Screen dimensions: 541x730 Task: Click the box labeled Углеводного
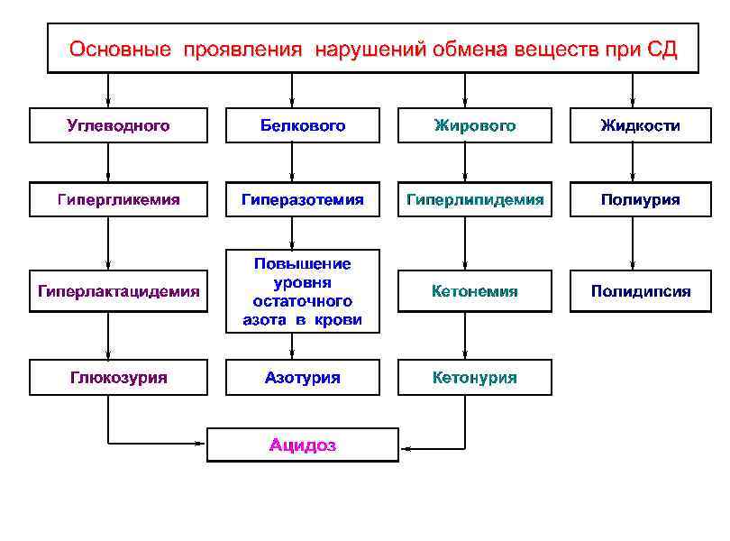click(x=118, y=126)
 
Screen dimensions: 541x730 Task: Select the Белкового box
click(x=303, y=126)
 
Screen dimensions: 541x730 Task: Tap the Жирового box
click(x=475, y=126)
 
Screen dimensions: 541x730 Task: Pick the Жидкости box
click(x=641, y=126)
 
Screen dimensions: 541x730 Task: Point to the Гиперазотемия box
click(x=303, y=199)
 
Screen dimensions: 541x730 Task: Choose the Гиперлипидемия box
click(x=475, y=199)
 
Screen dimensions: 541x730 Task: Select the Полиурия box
click(x=641, y=199)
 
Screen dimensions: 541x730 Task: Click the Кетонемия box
click(x=475, y=291)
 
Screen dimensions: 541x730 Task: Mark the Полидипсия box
click(x=641, y=291)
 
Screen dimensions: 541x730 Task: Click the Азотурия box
click(x=303, y=378)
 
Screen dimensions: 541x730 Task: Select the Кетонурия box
click(x=475, y=378)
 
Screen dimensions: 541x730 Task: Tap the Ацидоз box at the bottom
click(x=303, y=445)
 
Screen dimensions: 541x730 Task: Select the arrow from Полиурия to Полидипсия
click(x=633, y=244)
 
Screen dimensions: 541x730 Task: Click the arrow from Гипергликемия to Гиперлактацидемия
click(x=108, y=244)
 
